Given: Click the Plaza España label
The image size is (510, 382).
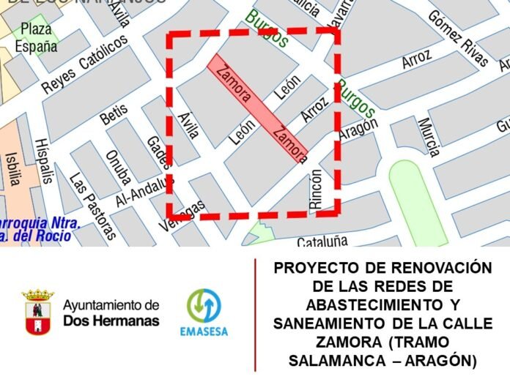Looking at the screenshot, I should coord(36,38).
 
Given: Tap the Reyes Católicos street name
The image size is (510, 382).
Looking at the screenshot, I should coord(85,64).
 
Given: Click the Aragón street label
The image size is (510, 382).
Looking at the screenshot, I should coord(358,131).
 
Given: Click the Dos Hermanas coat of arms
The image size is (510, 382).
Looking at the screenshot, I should coord(38,312).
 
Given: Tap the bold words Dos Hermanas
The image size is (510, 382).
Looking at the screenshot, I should coord(111,320).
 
